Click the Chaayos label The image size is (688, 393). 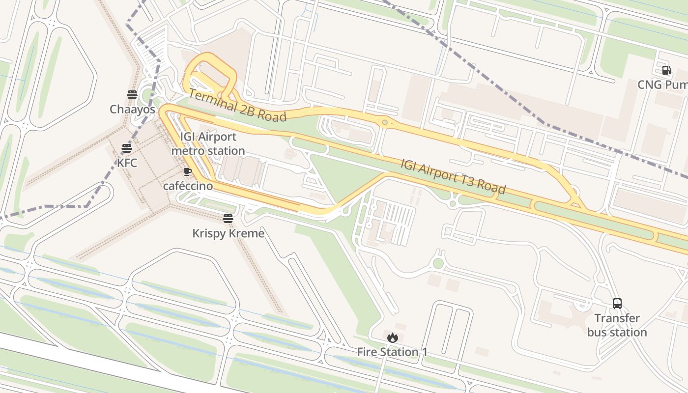pyautogui.click(x=132, y=109)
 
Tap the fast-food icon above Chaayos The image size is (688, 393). pyautogui.click(x=132, y=94)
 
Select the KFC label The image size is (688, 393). pyautogui.click(x=127, y=163)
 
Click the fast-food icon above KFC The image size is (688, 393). pyautogui.click(x=127, y=148)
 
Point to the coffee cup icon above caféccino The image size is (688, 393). pyautogui.click(x=187, y=171)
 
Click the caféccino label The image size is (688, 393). pyautogui.click(x=188, y=186)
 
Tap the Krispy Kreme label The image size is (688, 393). pyautogui.click(x=228, y=233)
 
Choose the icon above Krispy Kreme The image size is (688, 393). pyautogui.click(x=228, y=218)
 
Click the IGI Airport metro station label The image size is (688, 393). pyautogui.click(x=208, y=144)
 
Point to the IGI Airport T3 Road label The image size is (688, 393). pyautogui.click(x=453, y=176)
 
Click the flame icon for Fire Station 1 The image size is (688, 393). pyautogui.click(x=392, y=337)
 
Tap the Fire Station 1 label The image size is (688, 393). pyautogui.click(x=392, y=352)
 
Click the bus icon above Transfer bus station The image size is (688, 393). pyautogui.click(x=617, y=304)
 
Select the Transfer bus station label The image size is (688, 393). pyautogui.click(x=617, y=325)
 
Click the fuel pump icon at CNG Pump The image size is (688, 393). pyautogui.click(x=666, y=70)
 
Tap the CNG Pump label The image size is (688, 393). pyautogui.click(x=662, y=84)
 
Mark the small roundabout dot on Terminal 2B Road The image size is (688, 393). pyautogui.click(x=385, y=122)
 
